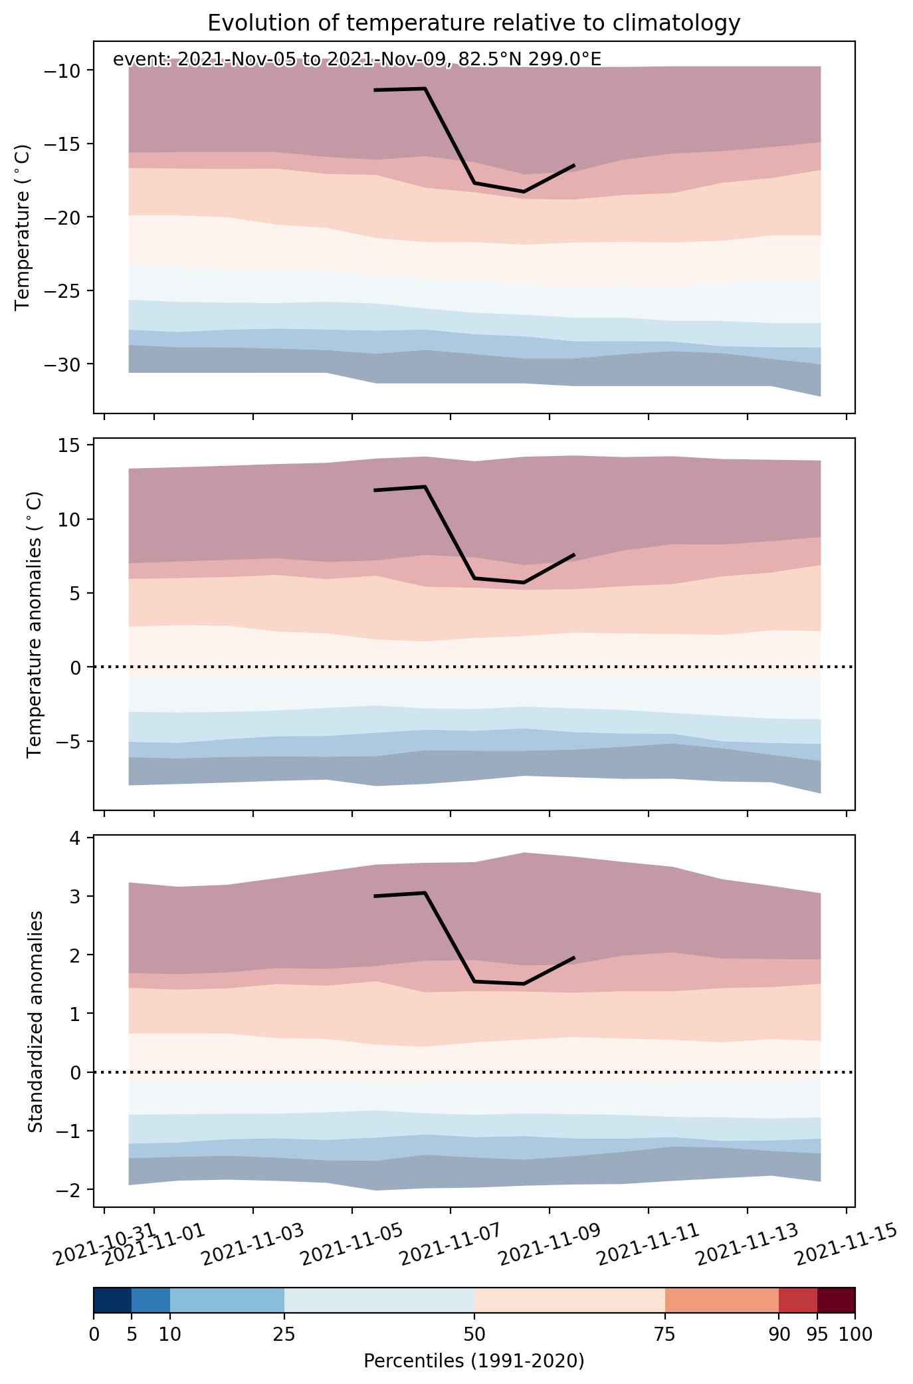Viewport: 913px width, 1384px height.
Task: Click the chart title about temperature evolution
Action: coord(474,23)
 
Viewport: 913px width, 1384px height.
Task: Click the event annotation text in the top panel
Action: coord(357,60)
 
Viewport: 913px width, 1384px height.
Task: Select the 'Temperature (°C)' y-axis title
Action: coord(23,227)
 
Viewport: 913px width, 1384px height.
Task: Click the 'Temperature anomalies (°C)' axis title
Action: coord(35,624)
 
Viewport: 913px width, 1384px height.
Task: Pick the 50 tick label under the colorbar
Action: coord(474,1334)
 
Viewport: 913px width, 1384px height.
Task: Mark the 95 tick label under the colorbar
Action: coord(817,1334)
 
